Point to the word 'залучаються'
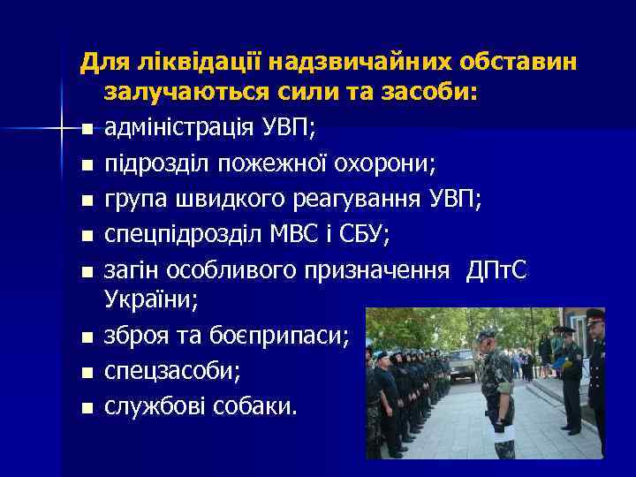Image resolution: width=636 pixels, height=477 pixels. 181,93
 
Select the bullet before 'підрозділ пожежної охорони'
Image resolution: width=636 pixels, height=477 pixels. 85,165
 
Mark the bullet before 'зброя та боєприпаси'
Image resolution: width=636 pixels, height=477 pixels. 85,337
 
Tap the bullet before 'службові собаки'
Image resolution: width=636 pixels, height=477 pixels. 85,407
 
